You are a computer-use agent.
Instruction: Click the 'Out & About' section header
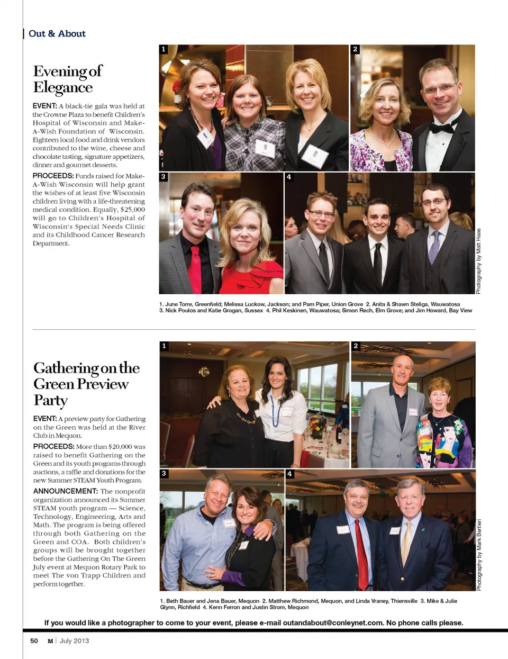57,34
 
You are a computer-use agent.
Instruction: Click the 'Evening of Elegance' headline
67,79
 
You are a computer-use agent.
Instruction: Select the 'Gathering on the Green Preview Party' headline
86,384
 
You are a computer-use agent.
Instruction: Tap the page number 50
34,641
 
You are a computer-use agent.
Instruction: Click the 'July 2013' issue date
74,641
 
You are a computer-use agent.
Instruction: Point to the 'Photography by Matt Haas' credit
478,261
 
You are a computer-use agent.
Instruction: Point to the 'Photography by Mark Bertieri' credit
479,555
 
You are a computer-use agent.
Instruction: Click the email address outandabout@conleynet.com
333,623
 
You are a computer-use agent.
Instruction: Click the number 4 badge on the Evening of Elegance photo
289,177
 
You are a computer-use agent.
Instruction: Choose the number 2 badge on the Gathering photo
356,346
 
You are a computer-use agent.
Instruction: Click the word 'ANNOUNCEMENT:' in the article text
66,491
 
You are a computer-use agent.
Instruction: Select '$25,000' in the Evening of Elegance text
133,210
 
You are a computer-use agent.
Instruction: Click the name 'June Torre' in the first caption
179,304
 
